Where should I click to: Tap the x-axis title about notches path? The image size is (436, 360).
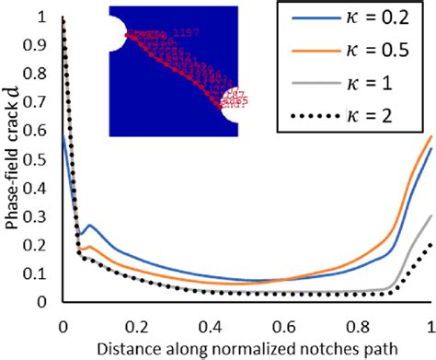[247, 347]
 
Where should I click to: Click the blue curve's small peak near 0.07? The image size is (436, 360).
[88, 225]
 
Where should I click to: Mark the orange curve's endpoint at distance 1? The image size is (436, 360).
[430, 136]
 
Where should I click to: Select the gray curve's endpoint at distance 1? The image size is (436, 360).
[430, 215]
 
